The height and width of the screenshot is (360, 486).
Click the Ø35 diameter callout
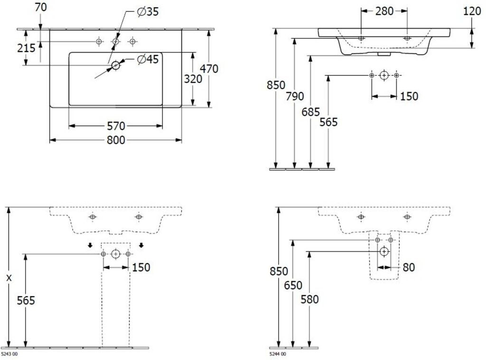point(148,12)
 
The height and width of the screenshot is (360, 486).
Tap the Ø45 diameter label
point(148,59)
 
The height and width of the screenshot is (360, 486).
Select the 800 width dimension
point(116,140)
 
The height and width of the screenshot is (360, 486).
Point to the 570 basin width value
point(116,126)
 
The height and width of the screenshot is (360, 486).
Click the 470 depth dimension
point(209,68)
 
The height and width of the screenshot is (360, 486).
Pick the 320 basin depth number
point(193,79)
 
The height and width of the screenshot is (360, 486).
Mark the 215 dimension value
point(26,48)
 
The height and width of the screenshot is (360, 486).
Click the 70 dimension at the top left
point(41,7)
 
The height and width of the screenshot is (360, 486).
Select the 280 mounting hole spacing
point(384,11)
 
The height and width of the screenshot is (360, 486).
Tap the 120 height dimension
point(472,11)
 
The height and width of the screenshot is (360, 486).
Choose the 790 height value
point(294,96)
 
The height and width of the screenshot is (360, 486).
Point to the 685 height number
point(310,112)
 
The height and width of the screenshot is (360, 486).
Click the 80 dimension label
point(409,267)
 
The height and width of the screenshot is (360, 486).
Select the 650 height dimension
point(293,285)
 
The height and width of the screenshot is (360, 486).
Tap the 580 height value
point(309,299)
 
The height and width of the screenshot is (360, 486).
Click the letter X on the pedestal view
point(9,278)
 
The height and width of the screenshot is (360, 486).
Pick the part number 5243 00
point(9,354)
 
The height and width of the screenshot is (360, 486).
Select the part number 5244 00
point(278,354)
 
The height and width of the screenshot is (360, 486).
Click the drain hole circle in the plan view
point(116,65)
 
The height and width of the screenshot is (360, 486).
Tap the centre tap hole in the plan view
point(116,41)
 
